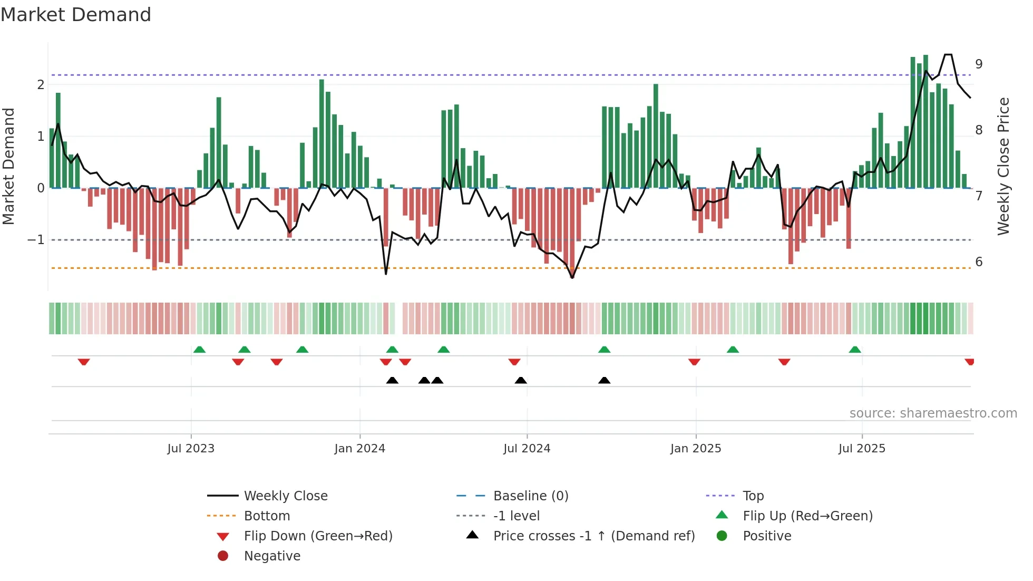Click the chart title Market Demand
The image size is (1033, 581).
click(76, 15)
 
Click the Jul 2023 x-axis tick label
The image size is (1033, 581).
click(191, 449)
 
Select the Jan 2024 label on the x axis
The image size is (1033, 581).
click(359, 449)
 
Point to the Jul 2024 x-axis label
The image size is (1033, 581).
click(527, 449)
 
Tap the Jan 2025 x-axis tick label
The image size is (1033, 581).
click(695, 449)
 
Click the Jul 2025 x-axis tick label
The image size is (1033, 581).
click(862, 449)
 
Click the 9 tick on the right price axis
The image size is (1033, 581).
click(979, 64)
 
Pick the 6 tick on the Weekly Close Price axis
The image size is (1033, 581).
click(979, 262)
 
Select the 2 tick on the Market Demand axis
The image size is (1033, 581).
click(41, 85)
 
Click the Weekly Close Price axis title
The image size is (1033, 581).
click(1003, 166)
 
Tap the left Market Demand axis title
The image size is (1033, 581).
click(9, 166)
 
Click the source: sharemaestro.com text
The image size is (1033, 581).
click(933, 413)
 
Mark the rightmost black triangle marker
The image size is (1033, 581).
click(604, 381)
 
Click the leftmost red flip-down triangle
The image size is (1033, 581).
click(84, 362)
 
